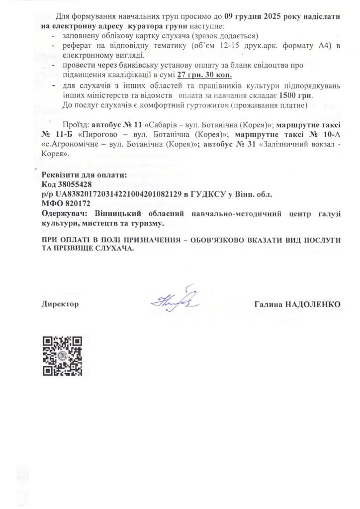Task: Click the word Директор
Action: click(x=60, y=303)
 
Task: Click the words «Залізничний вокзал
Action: click(x=295, y=144)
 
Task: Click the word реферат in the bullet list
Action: click(x=76, y=46)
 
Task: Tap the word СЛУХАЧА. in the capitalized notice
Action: click(x=116, y=250)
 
